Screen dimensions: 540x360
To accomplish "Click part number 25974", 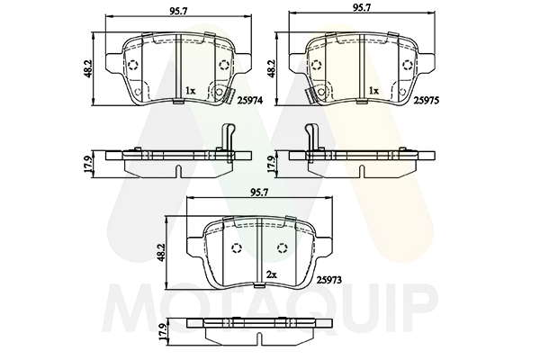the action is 251,100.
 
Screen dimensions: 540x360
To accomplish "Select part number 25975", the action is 426,100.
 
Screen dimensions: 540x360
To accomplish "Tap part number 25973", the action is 328,280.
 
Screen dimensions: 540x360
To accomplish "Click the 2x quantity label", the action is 272,274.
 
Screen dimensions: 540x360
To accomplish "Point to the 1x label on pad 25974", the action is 190,91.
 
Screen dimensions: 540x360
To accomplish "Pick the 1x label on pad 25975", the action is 373,91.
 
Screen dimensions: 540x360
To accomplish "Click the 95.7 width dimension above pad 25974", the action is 178,11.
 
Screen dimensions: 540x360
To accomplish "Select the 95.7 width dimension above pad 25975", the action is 362,8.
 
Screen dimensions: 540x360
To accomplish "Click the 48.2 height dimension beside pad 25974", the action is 88,68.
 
